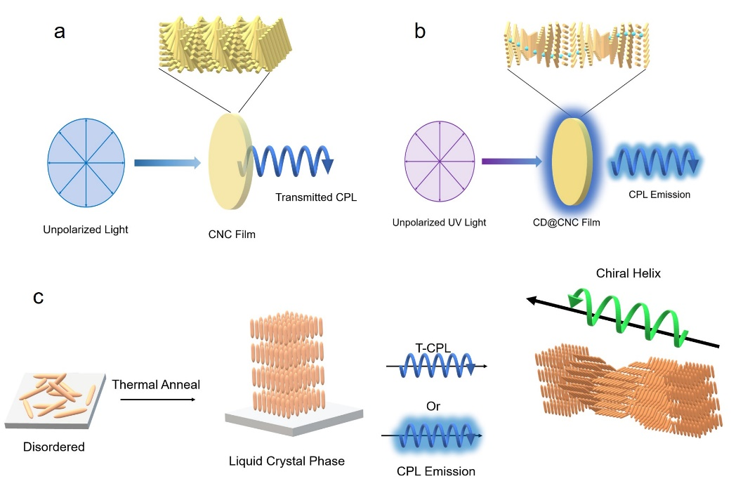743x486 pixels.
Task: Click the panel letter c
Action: (x=39, y=297)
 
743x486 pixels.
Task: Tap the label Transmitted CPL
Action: (x=316, y=197)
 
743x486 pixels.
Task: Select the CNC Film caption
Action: (x=232, y=235)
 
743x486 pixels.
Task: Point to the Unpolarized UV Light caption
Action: (x=440, y=223)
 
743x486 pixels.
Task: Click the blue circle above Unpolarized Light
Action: (x=86, y=163)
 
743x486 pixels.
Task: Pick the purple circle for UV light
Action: (x=440, y=162)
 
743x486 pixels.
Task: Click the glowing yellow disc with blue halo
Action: (x=572, y=162)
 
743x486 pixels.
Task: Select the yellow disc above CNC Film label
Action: (x=229, y=162)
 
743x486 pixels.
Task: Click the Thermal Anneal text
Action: (x=156, y=384)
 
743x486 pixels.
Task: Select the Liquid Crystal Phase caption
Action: (x=286, y=461)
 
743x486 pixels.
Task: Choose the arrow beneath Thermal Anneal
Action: (x=157, y=400)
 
